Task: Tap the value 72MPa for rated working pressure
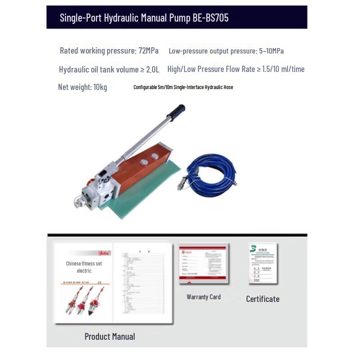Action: (x=148, y=51)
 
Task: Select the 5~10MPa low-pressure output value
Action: (x=271, y=51)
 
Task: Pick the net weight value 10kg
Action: (x=100, y=87)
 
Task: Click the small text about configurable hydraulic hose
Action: (x=183, y=87)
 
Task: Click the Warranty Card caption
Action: (x=203, y=297)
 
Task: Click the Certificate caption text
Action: (x=262, y=299)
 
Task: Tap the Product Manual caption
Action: (x=109, y=337)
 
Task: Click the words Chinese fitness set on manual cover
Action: (x=84, y=264)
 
